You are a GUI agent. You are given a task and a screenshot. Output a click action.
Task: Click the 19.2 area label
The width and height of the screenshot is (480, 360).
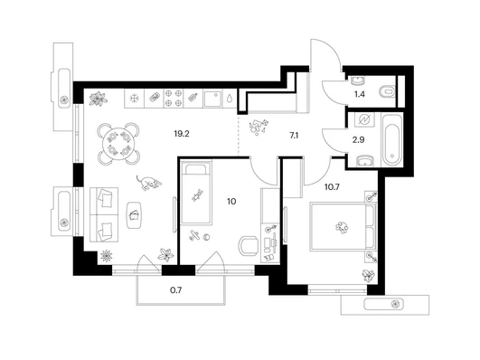pos(182,134)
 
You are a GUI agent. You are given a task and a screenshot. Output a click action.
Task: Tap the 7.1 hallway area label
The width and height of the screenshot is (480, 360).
pos(294,136)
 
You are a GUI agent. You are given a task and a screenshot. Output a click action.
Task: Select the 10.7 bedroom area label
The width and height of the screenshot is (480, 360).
pos(332,186)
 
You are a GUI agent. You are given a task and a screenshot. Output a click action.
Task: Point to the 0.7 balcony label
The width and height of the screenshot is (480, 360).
pos(176,289)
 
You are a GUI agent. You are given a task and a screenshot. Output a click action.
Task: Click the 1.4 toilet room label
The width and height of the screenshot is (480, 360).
pos(360,94)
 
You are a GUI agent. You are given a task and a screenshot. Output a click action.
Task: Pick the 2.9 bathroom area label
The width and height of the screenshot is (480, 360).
pos(359,140)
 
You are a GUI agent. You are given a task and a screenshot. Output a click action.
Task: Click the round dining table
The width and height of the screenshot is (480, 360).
pos(118,144)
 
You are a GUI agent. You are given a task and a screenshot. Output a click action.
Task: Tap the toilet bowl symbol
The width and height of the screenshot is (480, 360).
pos(387,91)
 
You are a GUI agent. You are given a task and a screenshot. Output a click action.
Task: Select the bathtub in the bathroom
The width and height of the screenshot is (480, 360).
pos(392,139)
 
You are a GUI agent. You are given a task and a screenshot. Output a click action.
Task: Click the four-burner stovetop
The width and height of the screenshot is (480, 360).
pos(174,99)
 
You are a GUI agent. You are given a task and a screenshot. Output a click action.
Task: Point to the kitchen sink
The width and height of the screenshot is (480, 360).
pos(213,99)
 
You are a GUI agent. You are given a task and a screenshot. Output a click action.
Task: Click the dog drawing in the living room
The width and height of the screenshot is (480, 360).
pos(149,183)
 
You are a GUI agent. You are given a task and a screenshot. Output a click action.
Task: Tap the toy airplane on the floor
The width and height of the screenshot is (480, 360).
pos(194,235)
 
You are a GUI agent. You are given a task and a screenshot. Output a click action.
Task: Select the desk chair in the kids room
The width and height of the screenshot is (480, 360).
pos(249,246)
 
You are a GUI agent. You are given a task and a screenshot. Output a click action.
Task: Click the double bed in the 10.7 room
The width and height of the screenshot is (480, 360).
pos(343,227)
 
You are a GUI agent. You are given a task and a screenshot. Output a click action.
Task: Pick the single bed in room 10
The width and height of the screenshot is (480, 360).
pos(196,193)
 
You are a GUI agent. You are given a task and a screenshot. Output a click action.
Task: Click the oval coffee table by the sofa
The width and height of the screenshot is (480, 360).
pos(134,214)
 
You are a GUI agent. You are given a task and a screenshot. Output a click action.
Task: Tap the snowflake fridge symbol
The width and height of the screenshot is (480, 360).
pos(134,99)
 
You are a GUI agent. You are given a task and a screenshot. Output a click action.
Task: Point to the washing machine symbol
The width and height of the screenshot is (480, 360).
pos(364,119)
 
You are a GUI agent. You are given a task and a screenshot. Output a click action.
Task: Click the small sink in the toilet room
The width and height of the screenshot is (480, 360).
pos(357,81)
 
